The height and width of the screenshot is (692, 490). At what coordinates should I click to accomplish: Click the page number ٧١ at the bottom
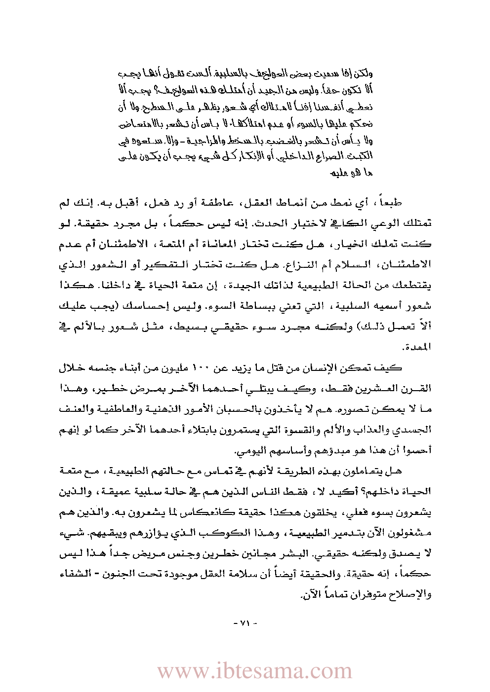pos(245,623)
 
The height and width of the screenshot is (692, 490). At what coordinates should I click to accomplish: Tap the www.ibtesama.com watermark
pos(254,671)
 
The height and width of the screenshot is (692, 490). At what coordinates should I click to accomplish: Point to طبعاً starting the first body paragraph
pos(391,202)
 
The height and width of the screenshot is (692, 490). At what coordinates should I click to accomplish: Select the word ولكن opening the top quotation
pos(363,74)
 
